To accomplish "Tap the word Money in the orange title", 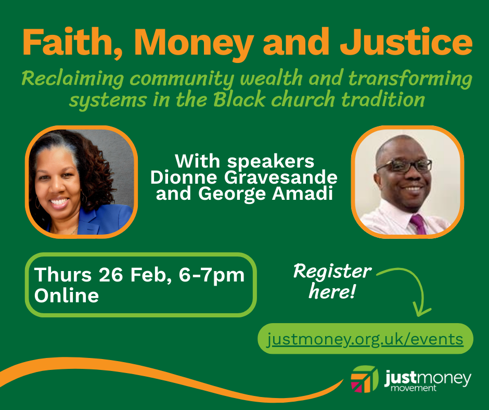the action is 194,44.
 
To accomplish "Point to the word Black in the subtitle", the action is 239,99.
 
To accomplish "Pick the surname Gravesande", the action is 281,177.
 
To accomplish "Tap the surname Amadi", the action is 302,194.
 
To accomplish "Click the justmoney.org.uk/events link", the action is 365,339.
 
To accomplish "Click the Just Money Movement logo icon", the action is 364,379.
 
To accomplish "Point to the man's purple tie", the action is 419,224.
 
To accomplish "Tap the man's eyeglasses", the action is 404,165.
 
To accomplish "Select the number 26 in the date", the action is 111,275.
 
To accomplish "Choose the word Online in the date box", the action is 67,295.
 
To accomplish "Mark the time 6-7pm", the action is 211,276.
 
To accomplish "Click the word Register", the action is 332,272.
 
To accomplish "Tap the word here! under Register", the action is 332,292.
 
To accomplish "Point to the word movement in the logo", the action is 413,388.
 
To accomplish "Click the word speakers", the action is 271,162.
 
